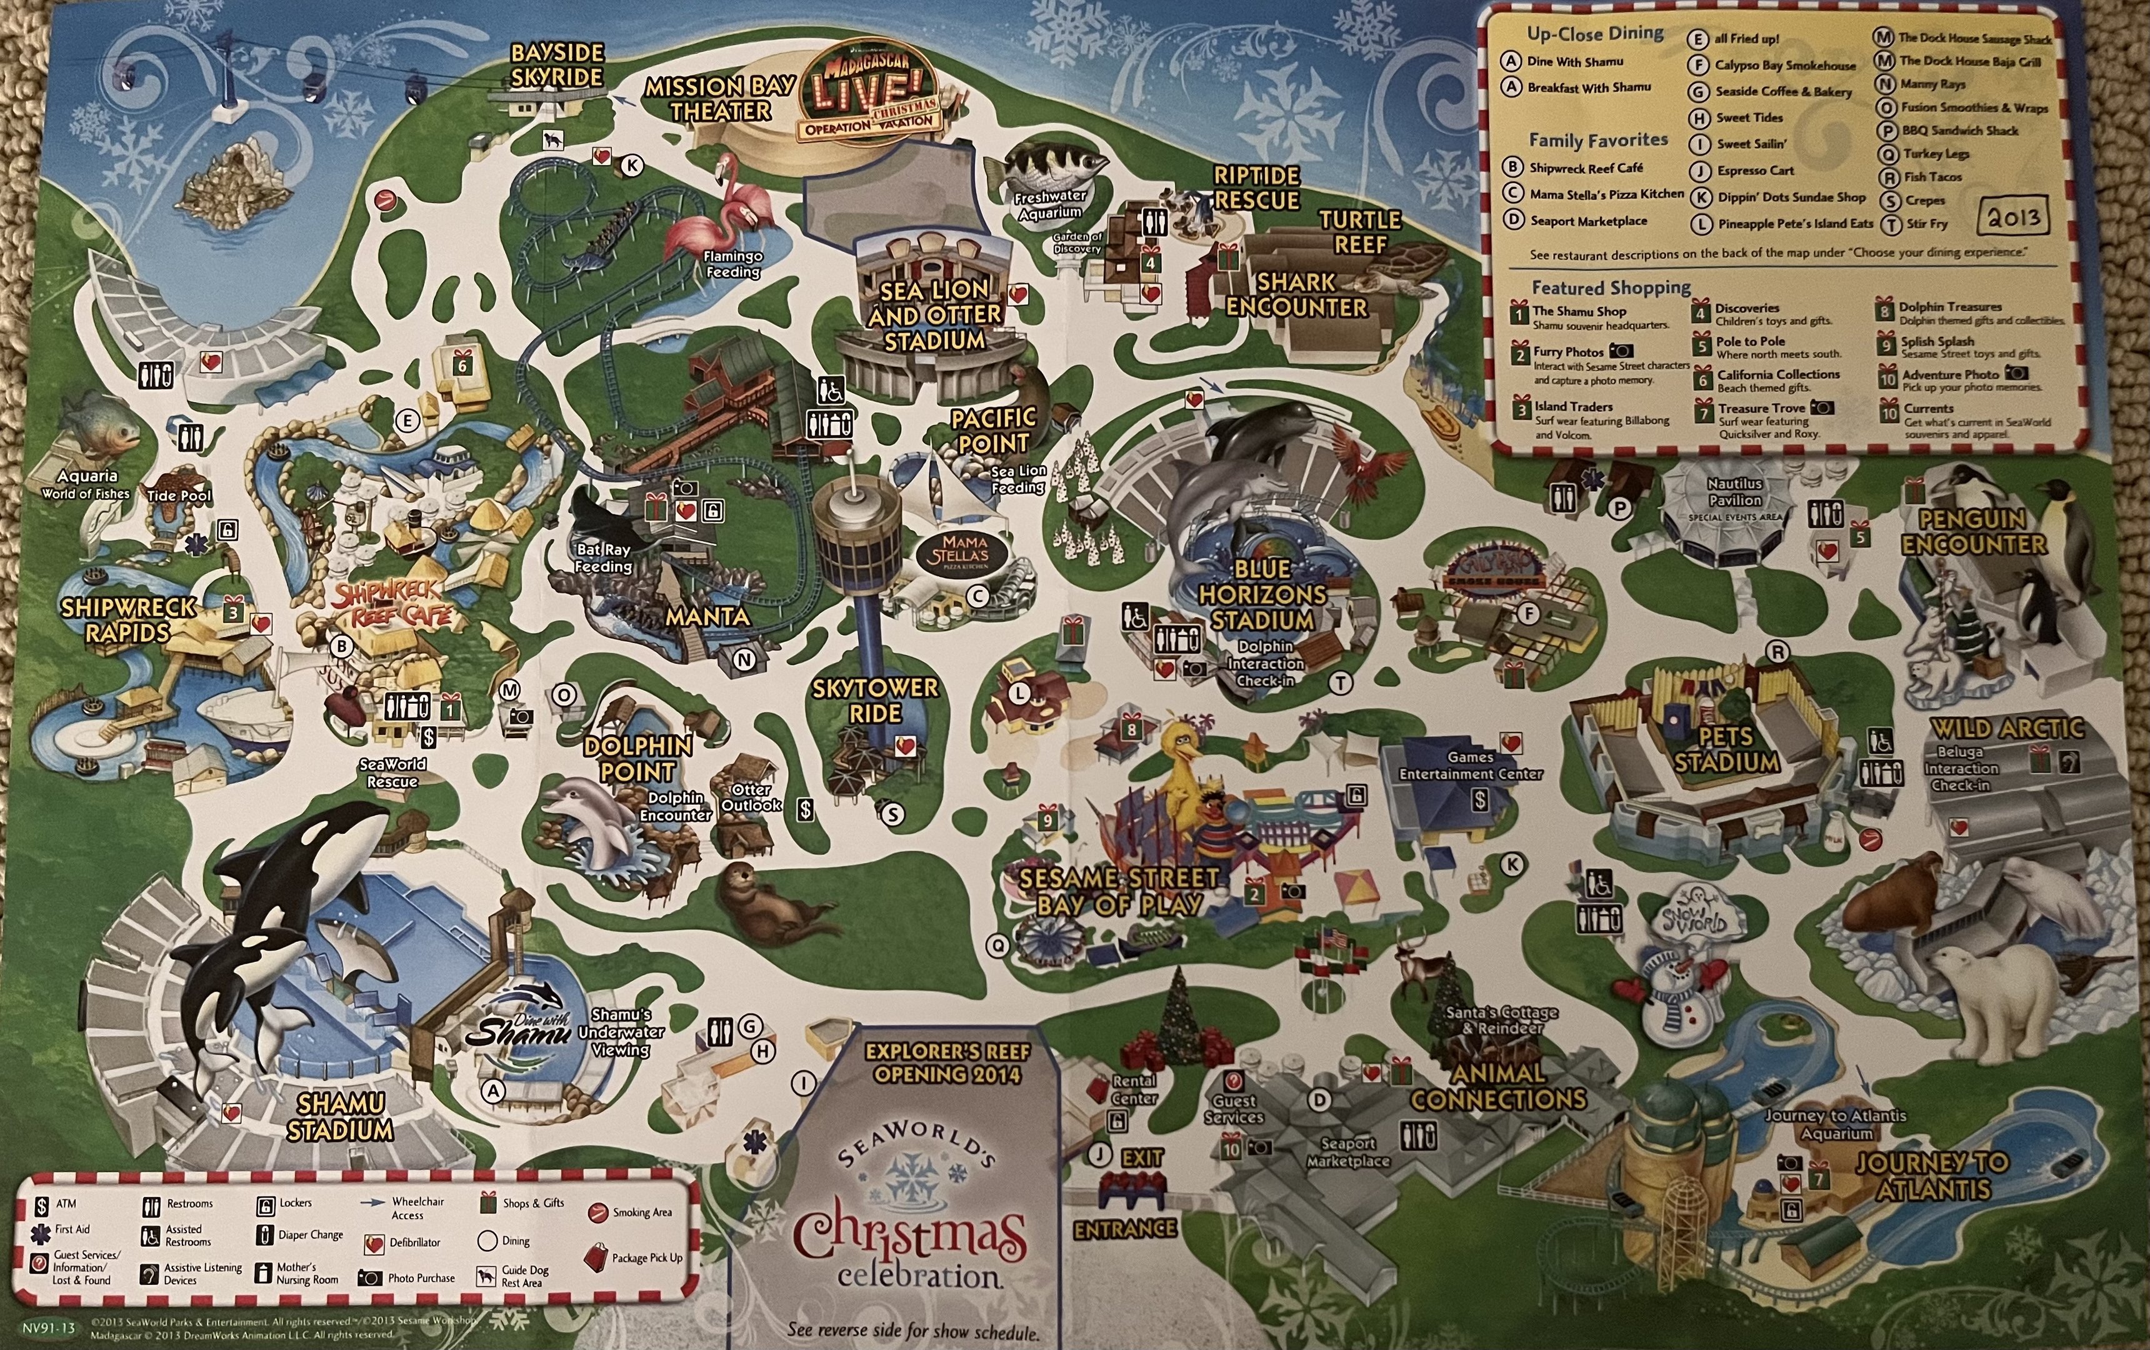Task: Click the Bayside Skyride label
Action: (x=557, y=65)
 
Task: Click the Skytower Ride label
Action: (x=874, y=701)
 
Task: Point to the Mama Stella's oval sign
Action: (x=964, y=552)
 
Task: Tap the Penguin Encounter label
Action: (x=1973, y=532)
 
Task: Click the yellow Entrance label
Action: (x=1124, y=1229)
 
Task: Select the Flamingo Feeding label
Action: (x=732, y=263)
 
